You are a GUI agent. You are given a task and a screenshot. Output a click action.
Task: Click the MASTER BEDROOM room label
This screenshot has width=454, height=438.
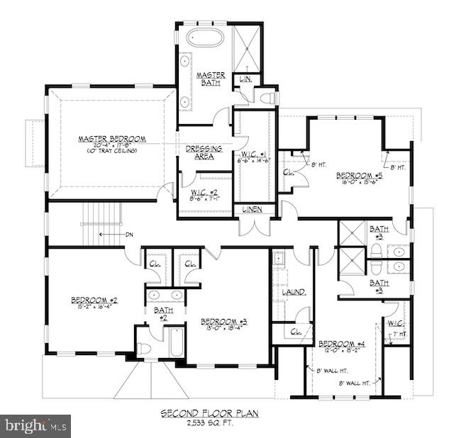(x=112, y=139)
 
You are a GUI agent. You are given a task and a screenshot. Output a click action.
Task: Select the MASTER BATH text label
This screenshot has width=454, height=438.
(x=211, y=78)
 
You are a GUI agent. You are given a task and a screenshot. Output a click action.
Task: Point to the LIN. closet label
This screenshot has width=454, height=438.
(x=247, y=79)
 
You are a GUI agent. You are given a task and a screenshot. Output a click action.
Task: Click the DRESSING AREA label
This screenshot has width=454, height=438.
(x=204, y=152)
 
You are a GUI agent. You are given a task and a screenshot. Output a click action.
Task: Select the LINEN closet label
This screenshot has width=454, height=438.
(x=253, y=209)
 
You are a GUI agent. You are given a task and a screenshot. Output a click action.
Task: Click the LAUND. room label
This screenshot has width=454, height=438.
(x=294, y=291)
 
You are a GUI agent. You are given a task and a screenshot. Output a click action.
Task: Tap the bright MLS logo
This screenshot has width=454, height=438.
(x=34, y=427)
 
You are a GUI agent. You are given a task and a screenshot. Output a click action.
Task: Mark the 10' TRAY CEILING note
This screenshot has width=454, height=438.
(x=112, y=151)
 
